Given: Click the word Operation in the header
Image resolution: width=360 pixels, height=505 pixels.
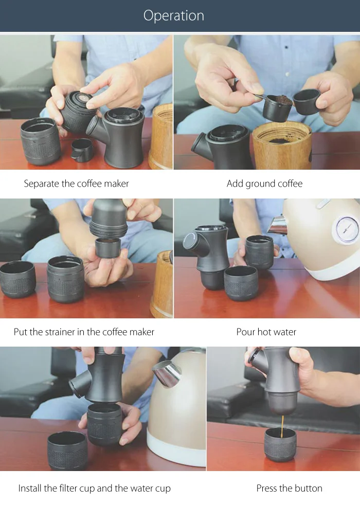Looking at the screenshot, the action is pyautogui.click(x=173, y=15).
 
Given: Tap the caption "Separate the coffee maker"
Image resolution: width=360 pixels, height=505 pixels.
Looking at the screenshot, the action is pyautogui.click(x=76, y=184).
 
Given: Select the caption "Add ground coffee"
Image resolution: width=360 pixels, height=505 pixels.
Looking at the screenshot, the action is pyautogui.click(x=264, y=184).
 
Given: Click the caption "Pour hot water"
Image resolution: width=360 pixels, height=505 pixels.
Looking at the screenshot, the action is pyautogui.click(x=266, y=332).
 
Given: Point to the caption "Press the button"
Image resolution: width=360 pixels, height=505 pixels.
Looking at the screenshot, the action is pyautogui.click(x=289, y=488).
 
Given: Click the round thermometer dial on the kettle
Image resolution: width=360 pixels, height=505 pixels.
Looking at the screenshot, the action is pyautogui.click(x=347, y=229).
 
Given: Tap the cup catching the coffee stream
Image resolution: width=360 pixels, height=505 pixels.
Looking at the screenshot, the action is pyautogui.click(x=280, y=444).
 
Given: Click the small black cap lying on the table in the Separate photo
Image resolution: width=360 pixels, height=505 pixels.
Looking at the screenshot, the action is pyautogui.click(x=82, y=150).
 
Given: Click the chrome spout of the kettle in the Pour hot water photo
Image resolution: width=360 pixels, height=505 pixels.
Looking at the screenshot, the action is pyautogui.click(x=277, y=225).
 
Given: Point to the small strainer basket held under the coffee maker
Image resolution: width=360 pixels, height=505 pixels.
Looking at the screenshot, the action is pyautogui.click(x=108, y=247).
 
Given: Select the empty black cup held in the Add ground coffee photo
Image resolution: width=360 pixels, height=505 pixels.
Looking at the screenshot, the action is pyautogui.click(x=307, y=101).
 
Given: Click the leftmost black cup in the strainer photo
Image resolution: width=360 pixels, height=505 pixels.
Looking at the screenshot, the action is pyautogui.click(x=17, y=279).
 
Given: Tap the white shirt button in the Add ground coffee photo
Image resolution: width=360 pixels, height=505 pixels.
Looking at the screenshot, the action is pyautogui.click(x=287, y=74).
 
